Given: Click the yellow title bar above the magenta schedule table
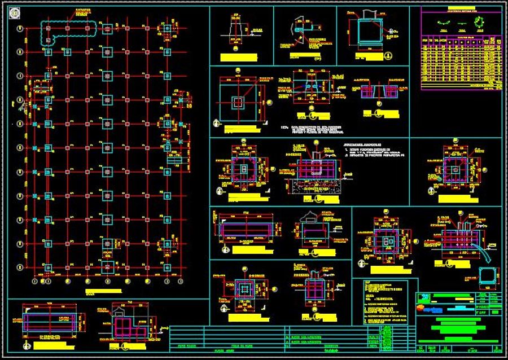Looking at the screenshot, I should click(x=461, y=10).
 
